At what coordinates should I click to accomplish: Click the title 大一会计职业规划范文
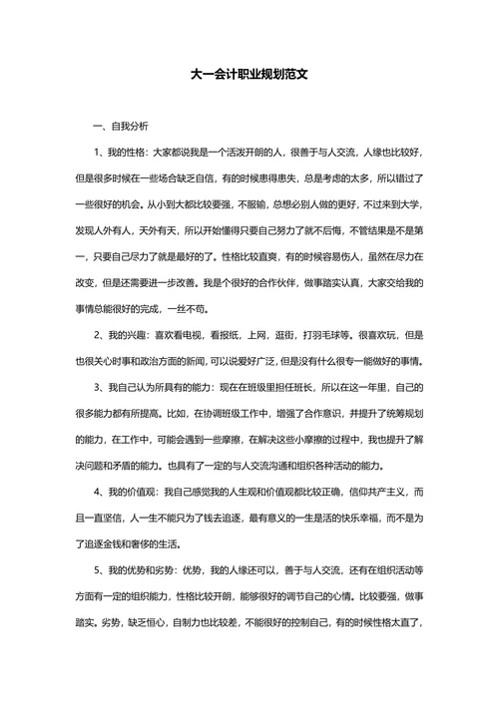(x=249, y=75)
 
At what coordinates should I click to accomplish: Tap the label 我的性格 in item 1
(x=128, y=153)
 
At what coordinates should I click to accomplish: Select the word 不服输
(x=237, y=204)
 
